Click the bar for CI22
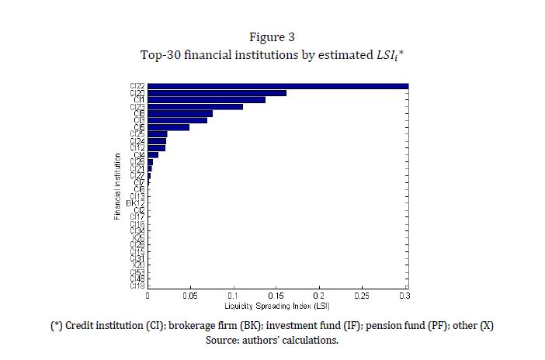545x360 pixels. [277, 86]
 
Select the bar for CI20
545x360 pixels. [217, 93]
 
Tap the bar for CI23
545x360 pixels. [195, 106]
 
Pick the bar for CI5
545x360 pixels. [168, 127]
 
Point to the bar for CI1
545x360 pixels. [206, 99]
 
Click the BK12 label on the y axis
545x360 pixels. [136, 203]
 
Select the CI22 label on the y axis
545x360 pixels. [137, 86]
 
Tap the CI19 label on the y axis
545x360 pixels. [137, 286]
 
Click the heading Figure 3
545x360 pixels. [272, 37]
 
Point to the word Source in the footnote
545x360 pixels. [224, 340]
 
